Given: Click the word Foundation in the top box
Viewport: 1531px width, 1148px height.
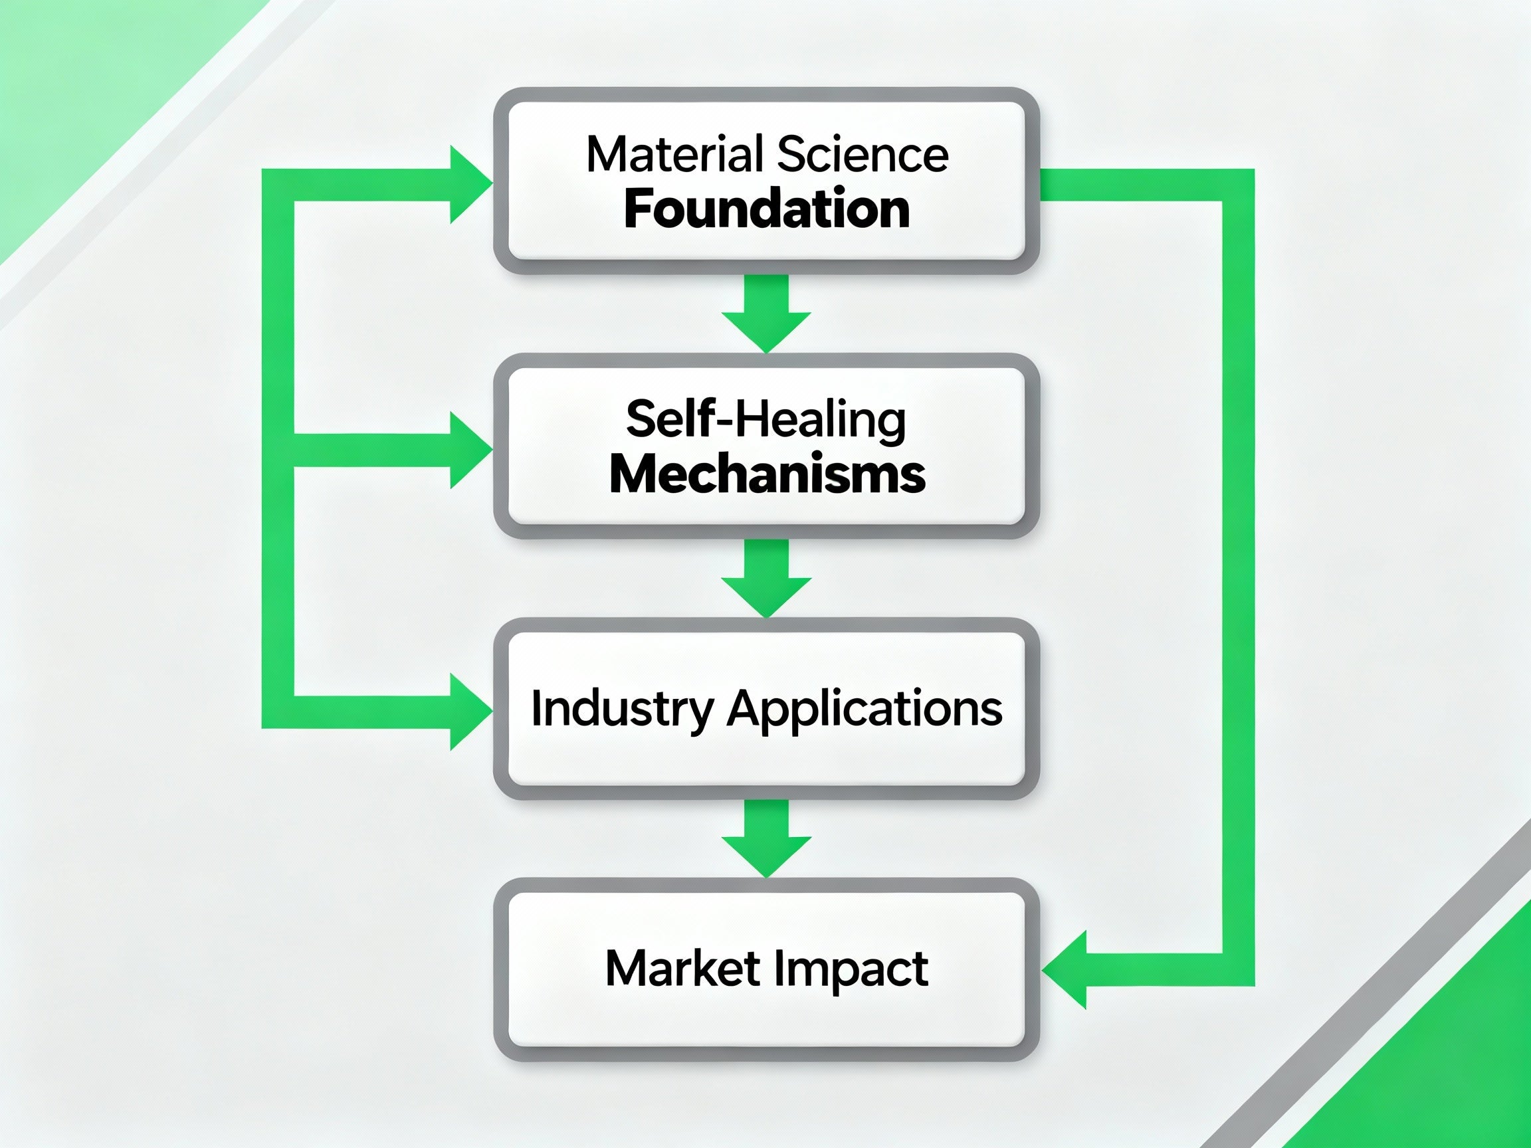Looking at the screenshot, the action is pyautogui.click(x=766, y=210).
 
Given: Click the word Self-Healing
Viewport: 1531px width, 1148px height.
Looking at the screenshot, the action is pyautogui.click(x=765, y=420).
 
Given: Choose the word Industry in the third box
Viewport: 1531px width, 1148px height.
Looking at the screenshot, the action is pyautogui.click(x=621, y=710).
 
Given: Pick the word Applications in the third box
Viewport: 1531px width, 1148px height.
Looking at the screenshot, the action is pyautogui.click(x=865, y=710).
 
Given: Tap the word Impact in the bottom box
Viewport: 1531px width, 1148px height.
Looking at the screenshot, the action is pyautogui.click(x=851, y=968).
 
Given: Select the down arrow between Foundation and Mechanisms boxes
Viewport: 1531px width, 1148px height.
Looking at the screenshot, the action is pyautogui.click(x=766, y=318).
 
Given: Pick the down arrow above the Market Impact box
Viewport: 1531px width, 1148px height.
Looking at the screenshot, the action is pyautogui.click(x=766, y=842).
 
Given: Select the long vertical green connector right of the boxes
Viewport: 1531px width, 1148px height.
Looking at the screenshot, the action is pyautogui.click(x=1238, y=575).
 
